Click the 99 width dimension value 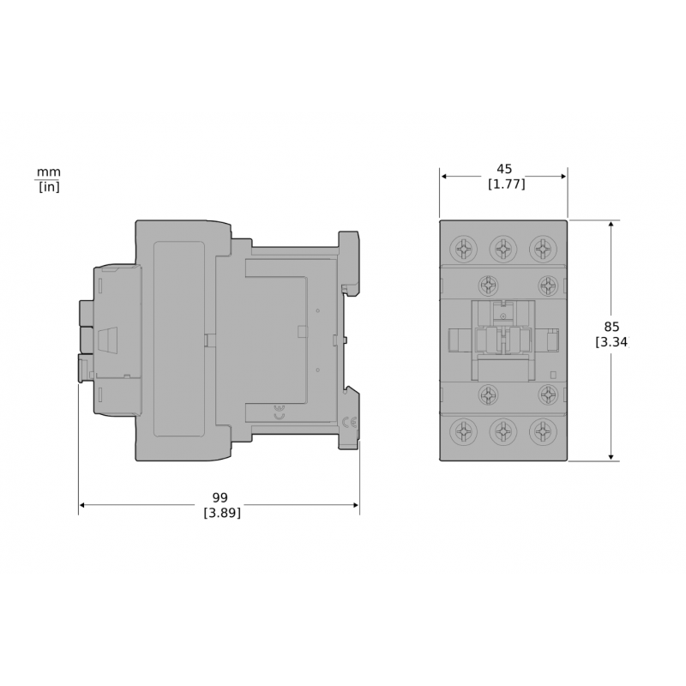pos(220,497)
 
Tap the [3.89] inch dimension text pos(222,513)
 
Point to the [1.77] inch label pos(506,184)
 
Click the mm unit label pos(49,171)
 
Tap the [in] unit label pos(49,186)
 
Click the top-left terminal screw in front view pos(464,249)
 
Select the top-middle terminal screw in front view pos(503,249)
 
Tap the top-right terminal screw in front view pos(542,249)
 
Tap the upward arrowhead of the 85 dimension pos(611,225)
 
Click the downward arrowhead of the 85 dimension pos(611,457)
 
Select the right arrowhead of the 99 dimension pos(355,505)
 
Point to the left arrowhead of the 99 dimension pos(82,505)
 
